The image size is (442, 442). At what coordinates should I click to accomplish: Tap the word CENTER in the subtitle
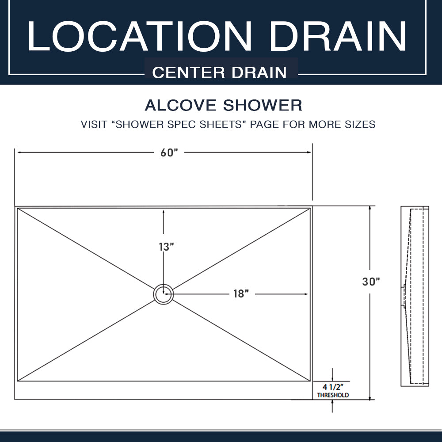[x=188, y=72]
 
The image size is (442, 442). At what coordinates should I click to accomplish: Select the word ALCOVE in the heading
[x=180, y=105]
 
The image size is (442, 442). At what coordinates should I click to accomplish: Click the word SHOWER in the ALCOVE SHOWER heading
[x=263, y=105]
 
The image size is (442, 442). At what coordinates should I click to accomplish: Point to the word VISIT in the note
[x=94, y=124]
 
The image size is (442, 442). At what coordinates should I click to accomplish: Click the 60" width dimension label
[x=169, y=152]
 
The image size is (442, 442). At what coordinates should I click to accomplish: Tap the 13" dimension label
[x=166, y=247]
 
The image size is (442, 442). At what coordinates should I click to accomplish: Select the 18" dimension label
[x=241, y=294]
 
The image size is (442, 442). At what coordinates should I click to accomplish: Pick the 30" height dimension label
[x=371, y=281]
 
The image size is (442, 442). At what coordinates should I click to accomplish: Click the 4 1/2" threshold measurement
[x=333, y=387]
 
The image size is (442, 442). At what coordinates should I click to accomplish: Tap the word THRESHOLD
[x=333, y=395]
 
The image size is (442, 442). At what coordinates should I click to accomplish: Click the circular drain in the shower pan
[x=164, y=294]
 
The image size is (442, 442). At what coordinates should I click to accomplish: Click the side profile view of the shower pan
[x=415, y=296]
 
